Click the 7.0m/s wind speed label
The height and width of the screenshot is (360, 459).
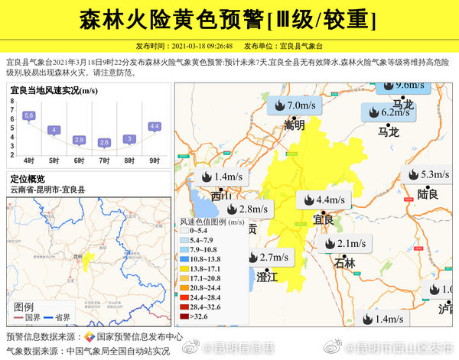tap(293, 105)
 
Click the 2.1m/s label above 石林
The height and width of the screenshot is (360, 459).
tap(343, 244)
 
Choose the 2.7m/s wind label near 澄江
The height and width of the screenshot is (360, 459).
tap(266, 257)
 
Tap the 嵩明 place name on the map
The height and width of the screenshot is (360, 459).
tap(294, 125)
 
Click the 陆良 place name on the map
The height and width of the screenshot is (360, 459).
tap(428, 194)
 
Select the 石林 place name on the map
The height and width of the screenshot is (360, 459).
tap(345, 263)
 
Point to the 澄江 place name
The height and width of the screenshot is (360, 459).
tap(267, 276)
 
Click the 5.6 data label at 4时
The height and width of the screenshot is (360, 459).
tap(29, 115)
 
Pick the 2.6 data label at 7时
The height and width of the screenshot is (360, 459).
tap(104, 142)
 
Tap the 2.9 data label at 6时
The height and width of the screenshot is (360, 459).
tap(79, 140)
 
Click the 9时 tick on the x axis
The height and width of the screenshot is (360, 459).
tap(154, 161)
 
